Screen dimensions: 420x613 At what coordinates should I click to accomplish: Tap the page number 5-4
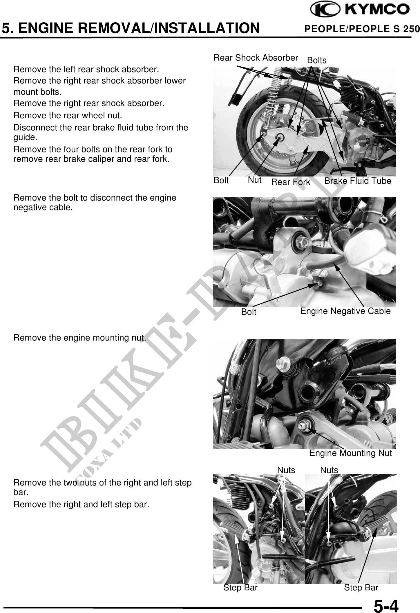coord(386,605)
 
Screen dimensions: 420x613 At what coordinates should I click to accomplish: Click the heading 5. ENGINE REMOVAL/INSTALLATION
coord(131,28)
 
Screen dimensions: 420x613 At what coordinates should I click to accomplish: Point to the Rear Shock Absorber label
coord(256,58)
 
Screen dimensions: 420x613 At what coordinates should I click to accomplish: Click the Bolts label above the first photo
coord(317,60)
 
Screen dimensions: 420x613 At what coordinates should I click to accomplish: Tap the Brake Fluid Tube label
coord(358,181)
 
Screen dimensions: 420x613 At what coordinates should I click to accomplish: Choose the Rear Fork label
coord(291,182)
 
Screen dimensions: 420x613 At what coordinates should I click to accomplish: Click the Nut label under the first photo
coord(255,180)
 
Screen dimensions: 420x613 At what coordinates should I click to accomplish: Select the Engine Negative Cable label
coord(345,311)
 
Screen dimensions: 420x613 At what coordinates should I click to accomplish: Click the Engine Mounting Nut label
coord(351,453)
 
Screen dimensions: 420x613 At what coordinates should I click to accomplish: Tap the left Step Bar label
coord(240,587)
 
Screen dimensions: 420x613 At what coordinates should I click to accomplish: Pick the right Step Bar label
coord(361,587)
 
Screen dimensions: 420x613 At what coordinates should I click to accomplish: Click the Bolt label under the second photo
coord(249,312)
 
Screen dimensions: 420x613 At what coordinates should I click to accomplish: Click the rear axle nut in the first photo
coord(280,137)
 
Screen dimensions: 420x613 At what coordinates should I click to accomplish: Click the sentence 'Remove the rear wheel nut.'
coord(68,116)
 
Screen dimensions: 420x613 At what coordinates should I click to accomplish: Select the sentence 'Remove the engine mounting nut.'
coord(80,338)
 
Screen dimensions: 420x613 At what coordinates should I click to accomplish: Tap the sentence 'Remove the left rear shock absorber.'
coord(86,70)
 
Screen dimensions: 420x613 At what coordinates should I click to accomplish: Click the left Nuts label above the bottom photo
coord(286,470)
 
